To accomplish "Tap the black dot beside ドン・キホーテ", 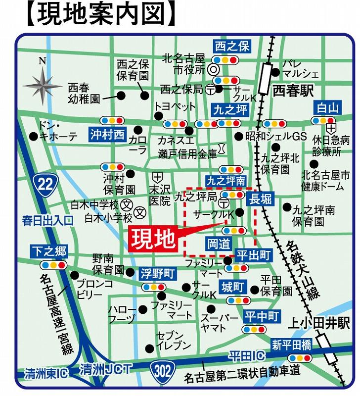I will pos(33,135).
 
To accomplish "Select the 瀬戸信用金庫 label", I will pos(187,153).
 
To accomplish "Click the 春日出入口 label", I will pos(47,219).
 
